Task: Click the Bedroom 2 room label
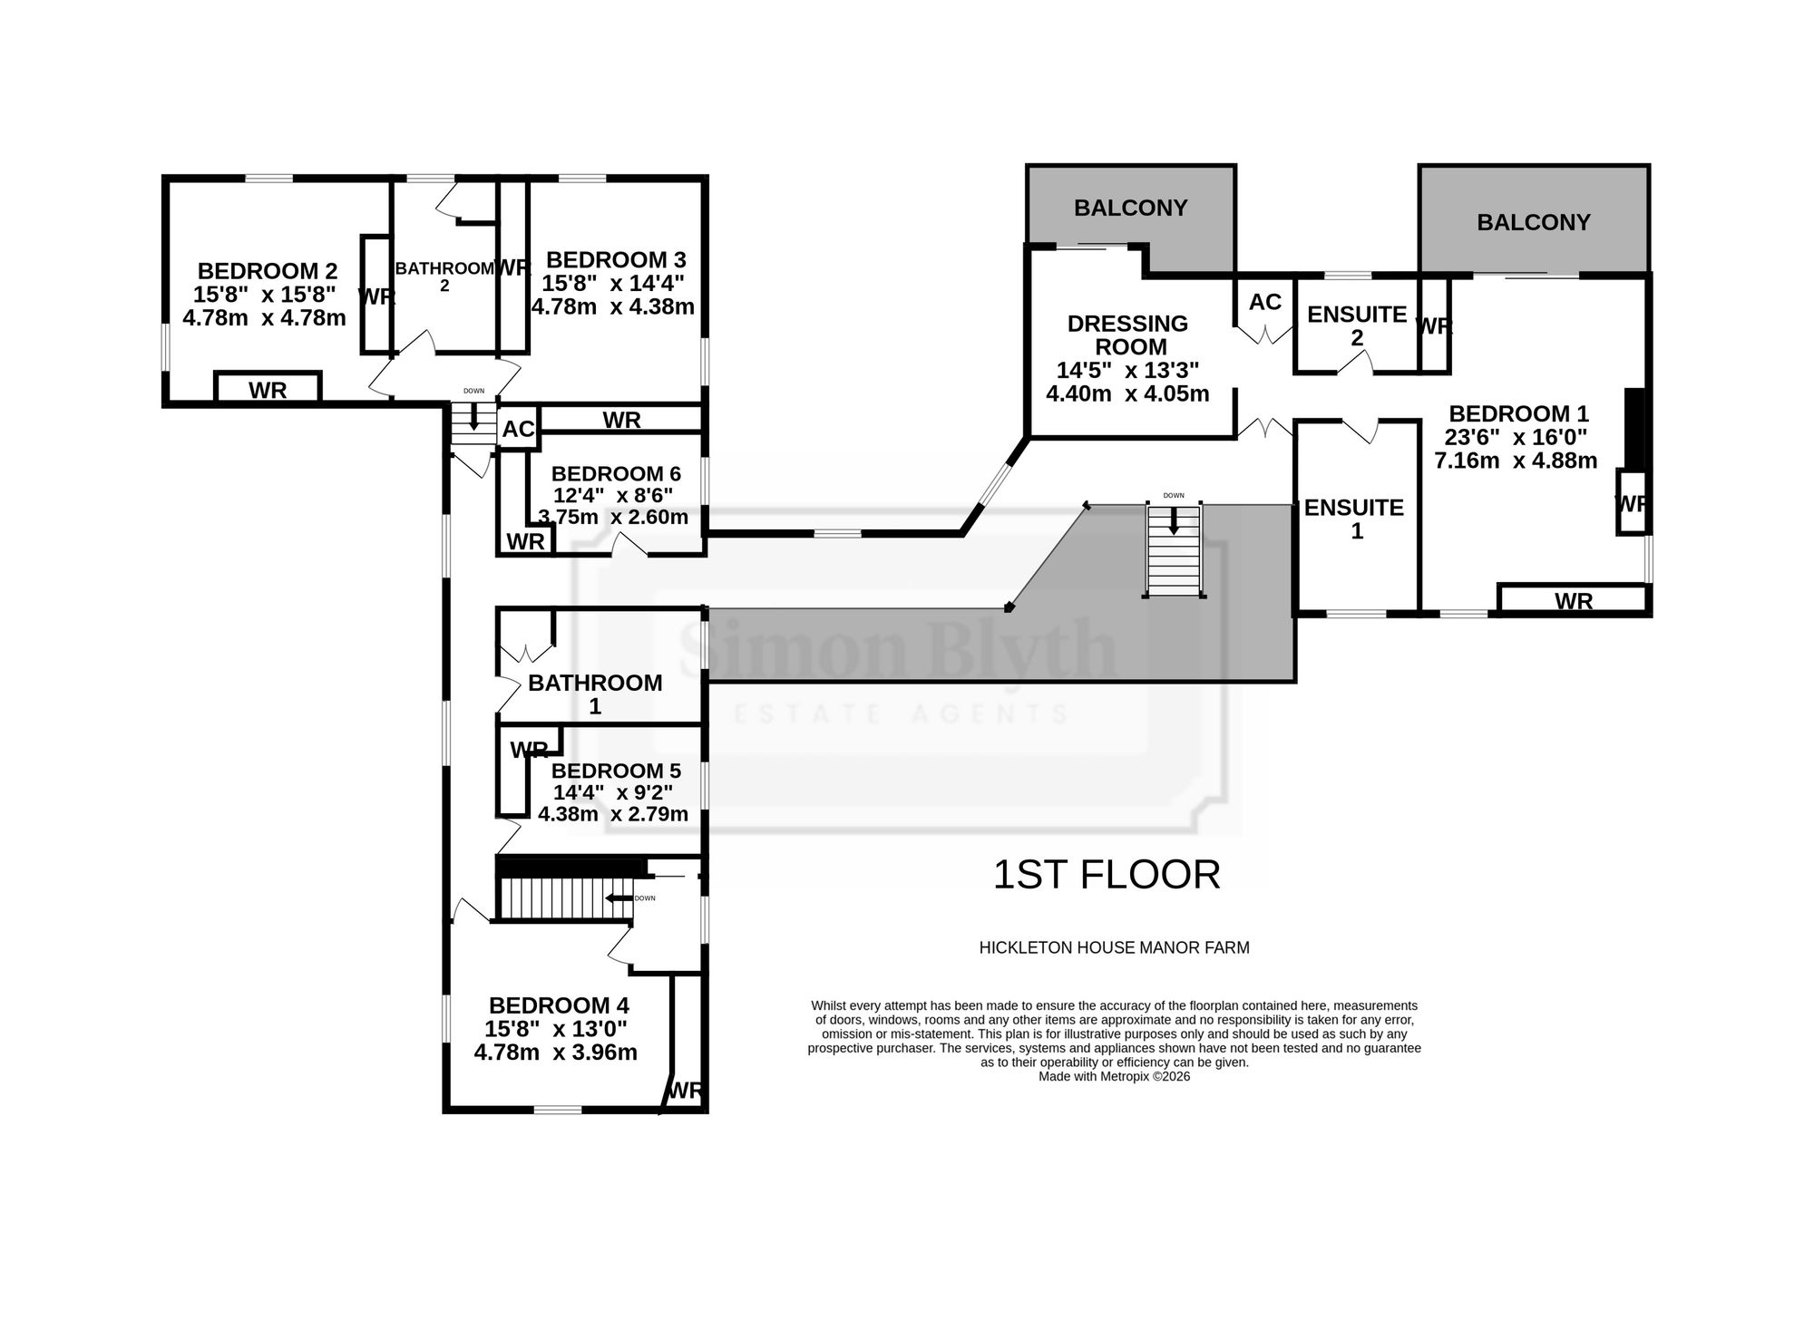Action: (x=268, y=270)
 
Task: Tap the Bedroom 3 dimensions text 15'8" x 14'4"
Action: (x=613, y=283)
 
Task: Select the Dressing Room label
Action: (x=1127, y=335)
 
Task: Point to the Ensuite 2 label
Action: (x=1357, y=325)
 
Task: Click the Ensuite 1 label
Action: (x=1354, y=519)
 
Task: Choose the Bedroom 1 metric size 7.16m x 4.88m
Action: (x=1516, y=461)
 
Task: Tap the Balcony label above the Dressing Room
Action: (x=1130, y=208)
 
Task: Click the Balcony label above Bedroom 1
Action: (x=1534, y=222)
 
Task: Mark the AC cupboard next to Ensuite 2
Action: (x=1265, y=302)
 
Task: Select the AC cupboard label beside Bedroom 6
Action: (x=519, y=429)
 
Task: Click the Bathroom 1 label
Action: (x=595, y=694)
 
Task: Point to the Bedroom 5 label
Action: (x=616, y=771)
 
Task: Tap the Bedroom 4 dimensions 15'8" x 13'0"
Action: (x=556, y=1029)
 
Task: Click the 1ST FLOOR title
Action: (x=1107, y=875)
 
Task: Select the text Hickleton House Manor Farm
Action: (x=1114, y=948)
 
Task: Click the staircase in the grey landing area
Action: (x=1175, y=550)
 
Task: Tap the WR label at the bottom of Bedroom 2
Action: (x=268, y=390)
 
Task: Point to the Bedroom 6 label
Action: (x=616, y=473)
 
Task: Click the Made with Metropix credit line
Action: (x=1114, y=1077)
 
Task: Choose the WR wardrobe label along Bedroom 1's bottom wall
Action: (x=1574, y=601)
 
